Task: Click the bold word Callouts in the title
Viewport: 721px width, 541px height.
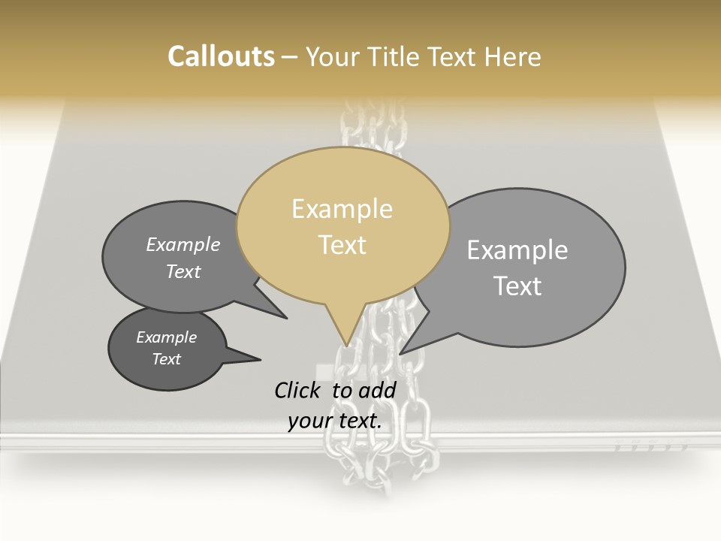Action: coord(221,56)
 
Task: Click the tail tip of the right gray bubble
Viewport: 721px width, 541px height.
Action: coord(401,353)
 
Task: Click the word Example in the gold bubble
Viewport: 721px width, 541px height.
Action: coord(342,209)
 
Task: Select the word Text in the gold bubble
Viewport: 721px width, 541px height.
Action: coord(342,245)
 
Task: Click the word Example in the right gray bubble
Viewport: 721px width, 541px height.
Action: coord(517,250)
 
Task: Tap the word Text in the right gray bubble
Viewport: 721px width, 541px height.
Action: coord(517,286)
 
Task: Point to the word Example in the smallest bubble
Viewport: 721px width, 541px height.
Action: coord(166,337)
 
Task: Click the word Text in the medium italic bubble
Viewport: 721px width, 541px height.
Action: coord(183,271)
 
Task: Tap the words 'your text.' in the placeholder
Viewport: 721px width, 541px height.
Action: coord(335,421)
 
